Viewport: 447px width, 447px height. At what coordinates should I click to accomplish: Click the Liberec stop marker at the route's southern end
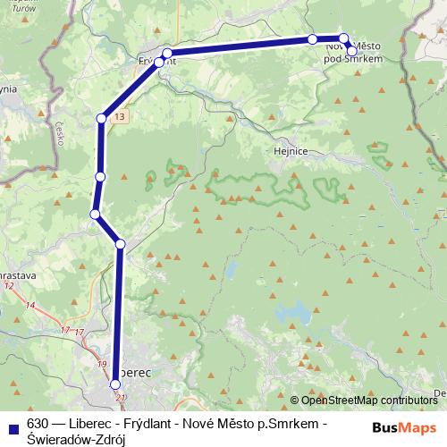(x=115, y=384)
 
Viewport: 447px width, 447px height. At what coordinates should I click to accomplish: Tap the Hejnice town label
(x=290, y=151)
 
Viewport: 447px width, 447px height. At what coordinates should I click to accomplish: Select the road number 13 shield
(x=121, y=117)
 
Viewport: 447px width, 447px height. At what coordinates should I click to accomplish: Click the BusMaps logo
(x=405, y=427)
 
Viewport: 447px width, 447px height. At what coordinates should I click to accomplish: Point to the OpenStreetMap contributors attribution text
(x=367, y=400)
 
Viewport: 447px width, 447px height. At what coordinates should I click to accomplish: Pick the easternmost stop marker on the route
(x=352, y=51)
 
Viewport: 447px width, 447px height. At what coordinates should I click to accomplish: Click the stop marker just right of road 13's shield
(x=104, y=118)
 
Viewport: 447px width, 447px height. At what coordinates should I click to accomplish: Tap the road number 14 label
(x=30, y=306)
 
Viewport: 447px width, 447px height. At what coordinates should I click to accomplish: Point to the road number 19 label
(x=102, y=364)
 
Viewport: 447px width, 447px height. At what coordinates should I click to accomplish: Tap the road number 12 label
(x=9, y=285)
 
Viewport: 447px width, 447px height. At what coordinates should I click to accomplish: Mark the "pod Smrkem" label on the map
(x=353, y=58)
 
